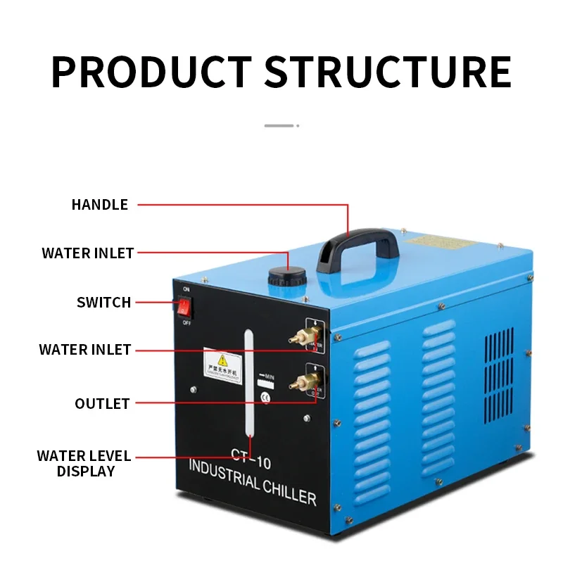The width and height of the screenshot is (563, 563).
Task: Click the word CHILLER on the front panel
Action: pos(285,491)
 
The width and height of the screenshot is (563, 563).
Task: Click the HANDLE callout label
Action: pos(100,205)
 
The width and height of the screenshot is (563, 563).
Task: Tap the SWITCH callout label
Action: pos(104,303)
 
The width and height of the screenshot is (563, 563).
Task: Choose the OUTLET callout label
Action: pos(103,403)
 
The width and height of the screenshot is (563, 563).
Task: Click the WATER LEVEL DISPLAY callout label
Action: pos(84,464)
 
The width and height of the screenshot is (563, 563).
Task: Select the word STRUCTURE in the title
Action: pos(387,70)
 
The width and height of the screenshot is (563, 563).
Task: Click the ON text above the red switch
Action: pos(186,289)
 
